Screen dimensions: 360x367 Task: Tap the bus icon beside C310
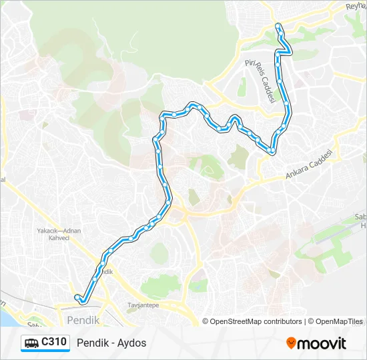[31, 343]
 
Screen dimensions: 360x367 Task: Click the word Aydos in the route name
[133, 343]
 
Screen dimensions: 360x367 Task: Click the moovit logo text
[322, 343]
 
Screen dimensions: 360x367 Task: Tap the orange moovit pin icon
[291, 343]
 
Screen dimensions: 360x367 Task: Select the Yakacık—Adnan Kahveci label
[59, 235]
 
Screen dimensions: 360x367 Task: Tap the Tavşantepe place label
[143, 305]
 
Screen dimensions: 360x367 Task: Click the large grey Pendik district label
[83, 320]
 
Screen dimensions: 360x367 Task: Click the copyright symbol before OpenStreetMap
[206, 321]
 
